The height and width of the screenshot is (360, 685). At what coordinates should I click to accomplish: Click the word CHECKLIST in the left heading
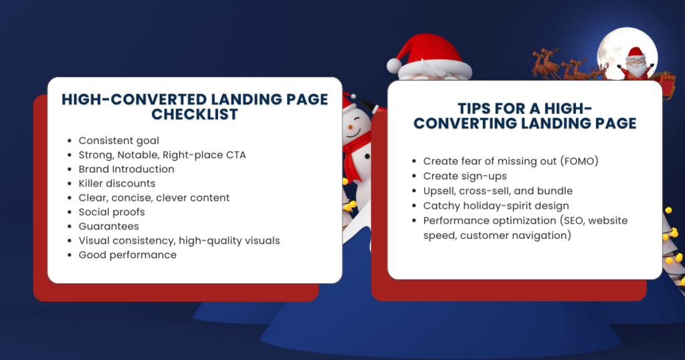coord(195,114)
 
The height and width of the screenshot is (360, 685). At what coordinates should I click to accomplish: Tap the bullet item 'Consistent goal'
coord(119,141)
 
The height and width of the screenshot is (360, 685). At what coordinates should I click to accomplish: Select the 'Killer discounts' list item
coord(117,183)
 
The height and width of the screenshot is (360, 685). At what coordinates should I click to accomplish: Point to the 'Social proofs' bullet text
coord(112,212)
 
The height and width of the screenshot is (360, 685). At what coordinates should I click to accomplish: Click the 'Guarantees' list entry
coord(109,226)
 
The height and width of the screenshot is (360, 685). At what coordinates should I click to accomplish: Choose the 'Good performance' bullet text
coord(128,255)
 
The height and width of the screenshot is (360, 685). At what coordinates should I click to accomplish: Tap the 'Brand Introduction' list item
coord(126,169)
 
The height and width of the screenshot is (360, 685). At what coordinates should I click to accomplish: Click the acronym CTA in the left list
coord(236,155)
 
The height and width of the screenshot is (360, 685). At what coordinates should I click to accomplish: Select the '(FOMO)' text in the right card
coord(579,161)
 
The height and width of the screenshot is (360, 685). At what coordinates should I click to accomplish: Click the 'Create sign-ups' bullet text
coord(465,176)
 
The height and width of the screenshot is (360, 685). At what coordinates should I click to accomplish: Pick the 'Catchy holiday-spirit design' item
coord(496,206)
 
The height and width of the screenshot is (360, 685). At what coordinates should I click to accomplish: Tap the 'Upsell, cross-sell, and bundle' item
coord(498,191)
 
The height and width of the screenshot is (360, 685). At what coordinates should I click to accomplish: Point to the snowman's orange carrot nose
coord(351,126)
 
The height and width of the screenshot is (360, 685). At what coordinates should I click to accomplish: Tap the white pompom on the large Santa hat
coord(395,66)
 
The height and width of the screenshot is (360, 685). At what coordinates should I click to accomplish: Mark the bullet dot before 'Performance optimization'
coord(414,221)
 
